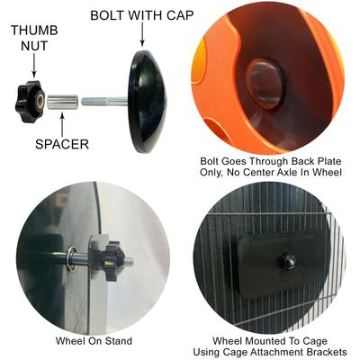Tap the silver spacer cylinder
coord(63,102)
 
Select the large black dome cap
coord(147,102)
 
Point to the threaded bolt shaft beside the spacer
coord(104,101)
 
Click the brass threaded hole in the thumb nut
coord(40,99)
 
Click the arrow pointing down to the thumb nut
coord(34,66)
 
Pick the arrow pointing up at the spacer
coord(62,124)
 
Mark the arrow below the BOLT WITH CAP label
coord(142,35)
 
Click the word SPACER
coord(62,144)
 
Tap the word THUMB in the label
coord(34,31)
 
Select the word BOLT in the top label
coord(106,15)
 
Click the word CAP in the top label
coord(179,15)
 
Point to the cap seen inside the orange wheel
coord(265,84)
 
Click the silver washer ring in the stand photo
coord(72,258)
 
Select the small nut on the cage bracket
coord(285,260)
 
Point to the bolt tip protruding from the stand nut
coord(130,262)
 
